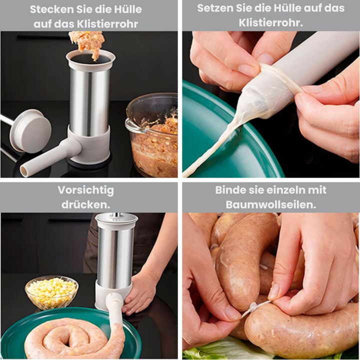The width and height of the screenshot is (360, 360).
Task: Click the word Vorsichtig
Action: (x=85, y=190)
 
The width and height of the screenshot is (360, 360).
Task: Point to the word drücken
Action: (x=85, y=204)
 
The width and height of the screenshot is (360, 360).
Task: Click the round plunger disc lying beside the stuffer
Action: (x=31, y=131)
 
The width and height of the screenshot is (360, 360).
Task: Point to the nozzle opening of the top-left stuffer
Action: (x=24, y=171)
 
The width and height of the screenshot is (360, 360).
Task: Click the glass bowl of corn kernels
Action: (x=51, y=293)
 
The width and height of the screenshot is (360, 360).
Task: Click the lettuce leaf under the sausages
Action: (x=220, y=350)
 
